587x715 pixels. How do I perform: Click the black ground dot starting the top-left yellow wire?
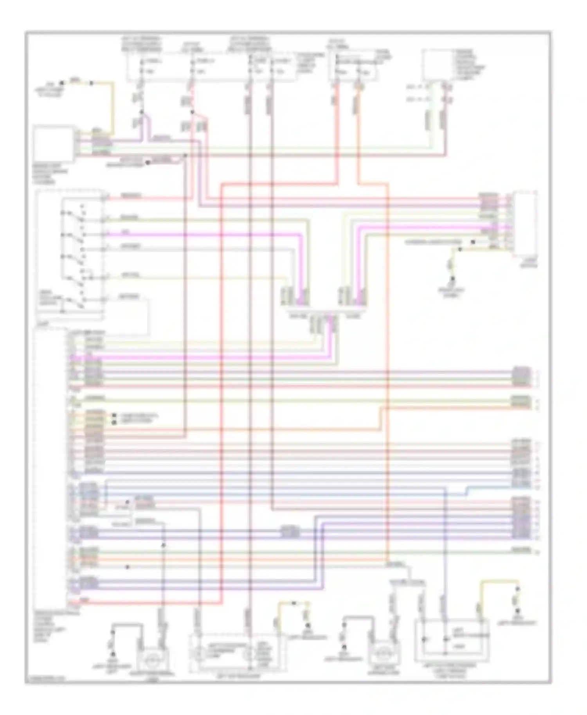coord(61,83)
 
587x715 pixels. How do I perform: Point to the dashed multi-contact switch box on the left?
coord(70,254)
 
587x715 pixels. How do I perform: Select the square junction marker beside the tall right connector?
coord(473,242)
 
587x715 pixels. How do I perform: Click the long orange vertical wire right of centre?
coord(388,352)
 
